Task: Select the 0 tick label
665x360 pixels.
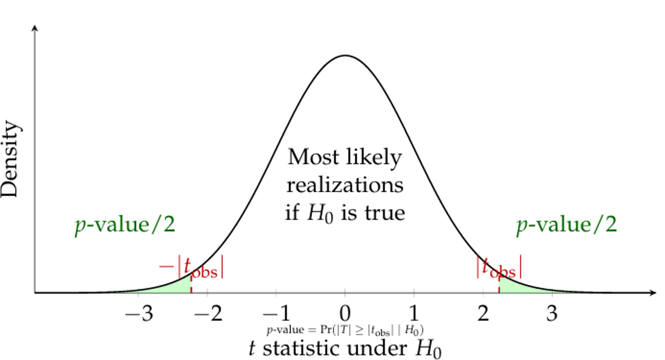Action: click(x=345, y=313)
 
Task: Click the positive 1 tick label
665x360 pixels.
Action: click(x=414, y=313)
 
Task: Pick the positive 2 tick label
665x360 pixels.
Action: click(x=483, y=313)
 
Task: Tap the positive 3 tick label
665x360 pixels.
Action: click(x=552, y=313)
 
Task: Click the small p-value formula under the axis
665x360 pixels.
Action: click(x=345, y=330)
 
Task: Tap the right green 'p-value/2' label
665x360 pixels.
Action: click(x=566, y=226)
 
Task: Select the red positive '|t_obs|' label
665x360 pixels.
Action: click(x=500, y=266)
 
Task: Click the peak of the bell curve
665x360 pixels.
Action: click(x=345, y=56)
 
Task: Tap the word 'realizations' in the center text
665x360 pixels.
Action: click(x=345, y=185)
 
